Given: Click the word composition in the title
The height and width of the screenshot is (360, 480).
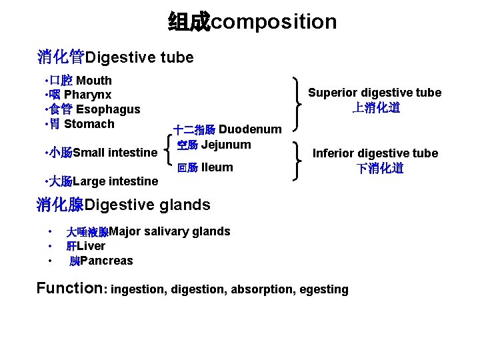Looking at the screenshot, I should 274,22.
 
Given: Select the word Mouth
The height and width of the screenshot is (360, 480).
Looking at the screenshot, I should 94,81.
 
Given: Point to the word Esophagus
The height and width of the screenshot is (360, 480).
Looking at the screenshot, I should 108,109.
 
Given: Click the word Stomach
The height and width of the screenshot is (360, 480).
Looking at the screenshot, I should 89,123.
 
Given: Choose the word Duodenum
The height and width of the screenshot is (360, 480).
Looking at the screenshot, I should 250,129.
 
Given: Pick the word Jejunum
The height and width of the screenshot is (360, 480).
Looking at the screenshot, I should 226,145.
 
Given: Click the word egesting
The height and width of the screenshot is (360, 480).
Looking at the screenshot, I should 325,289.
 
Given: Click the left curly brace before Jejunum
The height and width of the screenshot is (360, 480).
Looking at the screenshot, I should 167,150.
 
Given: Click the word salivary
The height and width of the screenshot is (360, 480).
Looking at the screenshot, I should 169,231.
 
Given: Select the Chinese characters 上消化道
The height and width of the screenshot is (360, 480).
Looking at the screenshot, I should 375,107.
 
